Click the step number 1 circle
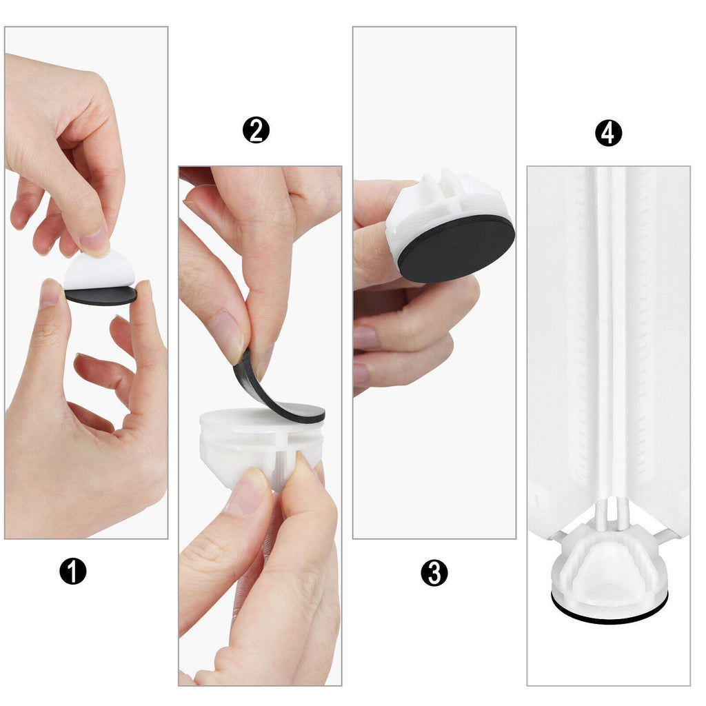(x=73, y=572)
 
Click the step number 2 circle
(x=256, y=130)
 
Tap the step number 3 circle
(x=434, y=573)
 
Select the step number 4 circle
(x=608, y=133)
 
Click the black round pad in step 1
(x=101, y=296)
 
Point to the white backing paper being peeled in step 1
(x=99, y=271)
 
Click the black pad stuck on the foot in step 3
(x=456, y=248)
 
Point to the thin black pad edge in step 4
(x=609, y=617)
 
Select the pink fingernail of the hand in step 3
(x=365, y=338)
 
